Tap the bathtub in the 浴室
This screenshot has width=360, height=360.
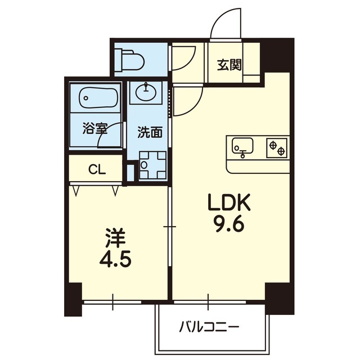[99, 98]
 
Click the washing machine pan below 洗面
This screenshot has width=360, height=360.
[153, 165]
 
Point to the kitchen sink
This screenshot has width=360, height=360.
[242, 146]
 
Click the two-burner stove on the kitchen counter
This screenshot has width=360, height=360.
[277, 148]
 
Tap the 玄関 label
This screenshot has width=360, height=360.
[229, 65]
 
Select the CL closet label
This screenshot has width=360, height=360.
[97, 170]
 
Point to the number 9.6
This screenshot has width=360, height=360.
[228, 224]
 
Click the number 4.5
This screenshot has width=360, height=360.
[115, 258]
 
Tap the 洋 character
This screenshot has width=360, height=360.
[115, 237]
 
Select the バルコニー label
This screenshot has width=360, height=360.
[209, 327]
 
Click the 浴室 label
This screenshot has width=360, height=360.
[95, 128]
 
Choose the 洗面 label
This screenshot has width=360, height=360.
[150, 132]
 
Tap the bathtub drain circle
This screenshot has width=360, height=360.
[86, 98]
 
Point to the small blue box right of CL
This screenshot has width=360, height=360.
[130, 173]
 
